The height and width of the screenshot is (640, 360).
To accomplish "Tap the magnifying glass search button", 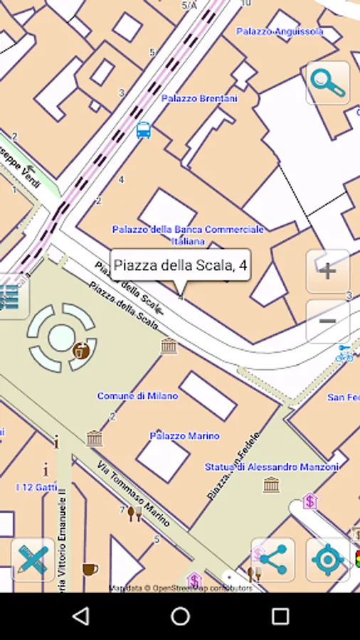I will (x=328, y=83).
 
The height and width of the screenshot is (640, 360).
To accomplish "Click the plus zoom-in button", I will (x=327, y=271).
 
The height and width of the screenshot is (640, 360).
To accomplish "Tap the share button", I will (x=272, y=560).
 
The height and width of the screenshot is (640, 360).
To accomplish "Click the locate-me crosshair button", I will (x=327, y=560).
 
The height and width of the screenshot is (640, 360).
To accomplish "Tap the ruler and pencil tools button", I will (x=33, y=560).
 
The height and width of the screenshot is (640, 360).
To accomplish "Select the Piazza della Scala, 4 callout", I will (x=180, y=266).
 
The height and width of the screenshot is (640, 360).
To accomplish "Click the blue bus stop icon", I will (x=144, y=130).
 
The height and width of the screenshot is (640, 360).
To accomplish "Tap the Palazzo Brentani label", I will (x=199, y=98).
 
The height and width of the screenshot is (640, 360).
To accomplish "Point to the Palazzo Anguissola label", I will (x=280, y=31).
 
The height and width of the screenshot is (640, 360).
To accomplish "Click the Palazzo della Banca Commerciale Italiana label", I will (x=188, y=235).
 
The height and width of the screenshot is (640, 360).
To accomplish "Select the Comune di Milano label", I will (x=137, y=395).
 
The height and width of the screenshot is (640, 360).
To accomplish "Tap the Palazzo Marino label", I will (x=184, y=435).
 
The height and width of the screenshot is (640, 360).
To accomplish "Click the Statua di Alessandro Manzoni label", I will (x=262, y=467).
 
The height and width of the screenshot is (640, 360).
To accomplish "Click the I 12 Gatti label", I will (x=36, y=487).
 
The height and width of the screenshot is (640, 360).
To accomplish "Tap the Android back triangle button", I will (x=81, y=616).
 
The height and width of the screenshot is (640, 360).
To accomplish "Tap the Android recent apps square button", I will (x=280, y=616).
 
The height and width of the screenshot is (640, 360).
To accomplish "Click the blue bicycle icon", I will (x=344, y=353).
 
